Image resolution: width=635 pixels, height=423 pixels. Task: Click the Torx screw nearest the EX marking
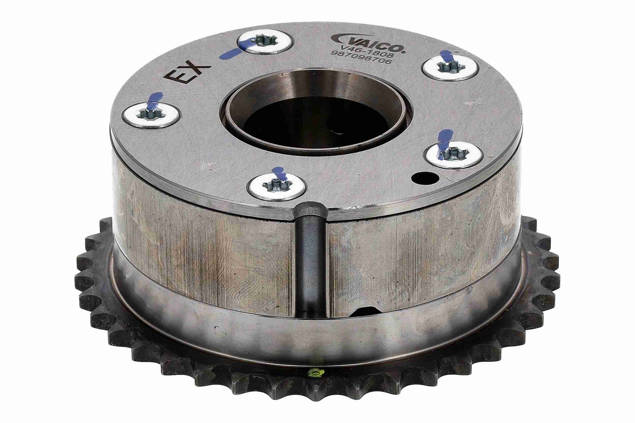click(151, 116)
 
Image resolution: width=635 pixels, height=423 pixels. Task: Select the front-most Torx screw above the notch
click(277, 187)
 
